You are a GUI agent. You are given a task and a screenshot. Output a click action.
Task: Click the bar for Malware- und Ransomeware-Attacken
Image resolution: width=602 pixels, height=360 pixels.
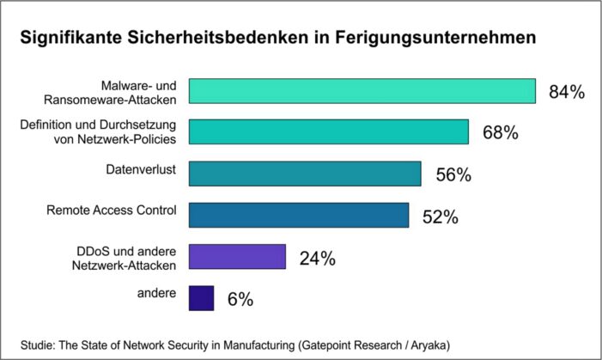[x=362, y=91]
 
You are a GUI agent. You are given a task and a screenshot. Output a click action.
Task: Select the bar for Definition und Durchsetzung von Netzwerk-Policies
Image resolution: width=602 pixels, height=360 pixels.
[x=328, y=131]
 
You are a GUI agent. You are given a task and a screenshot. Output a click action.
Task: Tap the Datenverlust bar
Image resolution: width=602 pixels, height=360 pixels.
[x=304, y=173]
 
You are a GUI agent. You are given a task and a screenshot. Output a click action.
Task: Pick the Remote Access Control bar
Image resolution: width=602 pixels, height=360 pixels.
[x=298, y=215]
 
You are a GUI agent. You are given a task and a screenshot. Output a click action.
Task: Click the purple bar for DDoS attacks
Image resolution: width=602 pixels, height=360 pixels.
[x=237, y=256]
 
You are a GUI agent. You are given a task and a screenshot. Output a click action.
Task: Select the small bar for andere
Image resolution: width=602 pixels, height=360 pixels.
[x=201, y=297]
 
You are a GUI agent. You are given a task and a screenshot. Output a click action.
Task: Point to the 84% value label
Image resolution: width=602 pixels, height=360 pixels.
[x=566, y=92]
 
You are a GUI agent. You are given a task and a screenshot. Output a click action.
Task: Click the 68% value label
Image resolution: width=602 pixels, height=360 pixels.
[x=500, y=133]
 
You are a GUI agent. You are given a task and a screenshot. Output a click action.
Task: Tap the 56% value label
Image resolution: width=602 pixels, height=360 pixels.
[x=453, y=174]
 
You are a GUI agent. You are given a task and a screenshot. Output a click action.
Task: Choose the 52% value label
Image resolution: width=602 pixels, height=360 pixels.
[x=440, y=217]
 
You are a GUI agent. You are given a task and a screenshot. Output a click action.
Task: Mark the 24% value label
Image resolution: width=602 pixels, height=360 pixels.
[x=317, y=258]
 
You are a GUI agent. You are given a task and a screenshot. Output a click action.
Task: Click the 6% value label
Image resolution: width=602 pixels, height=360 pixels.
[x=240, y=299]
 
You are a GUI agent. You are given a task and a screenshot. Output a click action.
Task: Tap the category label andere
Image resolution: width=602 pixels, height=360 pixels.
[x=158, y=293]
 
